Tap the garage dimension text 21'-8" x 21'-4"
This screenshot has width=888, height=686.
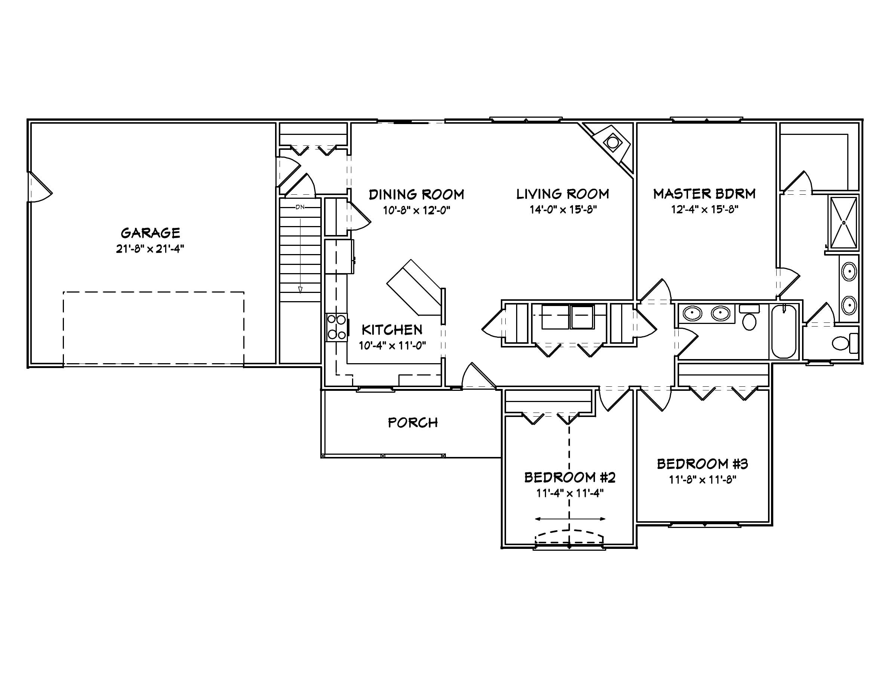click(150, 249)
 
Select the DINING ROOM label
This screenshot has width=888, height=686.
click(416, 194)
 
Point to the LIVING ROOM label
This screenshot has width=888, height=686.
click(563, 194)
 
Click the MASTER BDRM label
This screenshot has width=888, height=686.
click(704, 194)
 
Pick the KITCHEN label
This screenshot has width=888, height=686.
click(392, 329)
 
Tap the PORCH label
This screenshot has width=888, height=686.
click(413, 423)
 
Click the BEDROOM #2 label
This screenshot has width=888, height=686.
click(570, 477)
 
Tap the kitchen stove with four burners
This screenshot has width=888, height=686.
click(337, 327)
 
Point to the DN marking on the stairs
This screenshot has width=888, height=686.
click(300, 207)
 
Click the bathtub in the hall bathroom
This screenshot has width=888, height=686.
click(783, 331)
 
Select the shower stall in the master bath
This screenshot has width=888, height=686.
click(843, 223)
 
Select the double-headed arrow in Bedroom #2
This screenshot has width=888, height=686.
click(570, 519)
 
